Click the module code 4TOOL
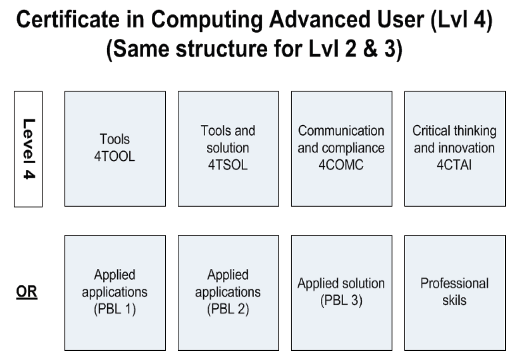tap(115, 156)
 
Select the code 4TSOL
tap(228, 165)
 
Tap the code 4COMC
tap(341, 165)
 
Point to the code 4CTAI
tap(454, 165)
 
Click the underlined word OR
tap(26, 291)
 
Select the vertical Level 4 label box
tap(28, 149)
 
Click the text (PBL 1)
tap(115, 309)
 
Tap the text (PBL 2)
tap(228, 309)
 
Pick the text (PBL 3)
tap(342, 300)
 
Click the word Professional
tap(454, 283)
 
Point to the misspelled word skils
tap(454, 300)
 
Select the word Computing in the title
tap(207, 20)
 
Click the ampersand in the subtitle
tap(370, 49)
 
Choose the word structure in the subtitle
tap(221, 49)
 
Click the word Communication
tap(341, 131)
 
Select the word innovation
tap(467, 148)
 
